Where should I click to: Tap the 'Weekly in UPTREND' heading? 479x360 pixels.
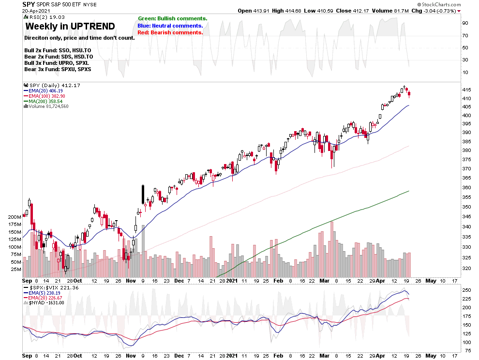[x=70, y=27]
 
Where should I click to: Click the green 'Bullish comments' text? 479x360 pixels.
[x=172, y=18]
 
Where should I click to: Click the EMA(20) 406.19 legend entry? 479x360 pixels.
[x=47, y=90]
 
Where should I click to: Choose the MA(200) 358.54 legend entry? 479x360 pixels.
[x=47, y=101]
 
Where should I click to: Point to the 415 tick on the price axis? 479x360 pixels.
[x=467, y=90]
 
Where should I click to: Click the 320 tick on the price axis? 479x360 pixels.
[x=467, y=269]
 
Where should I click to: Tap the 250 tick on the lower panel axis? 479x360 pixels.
[x=467, y=290]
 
